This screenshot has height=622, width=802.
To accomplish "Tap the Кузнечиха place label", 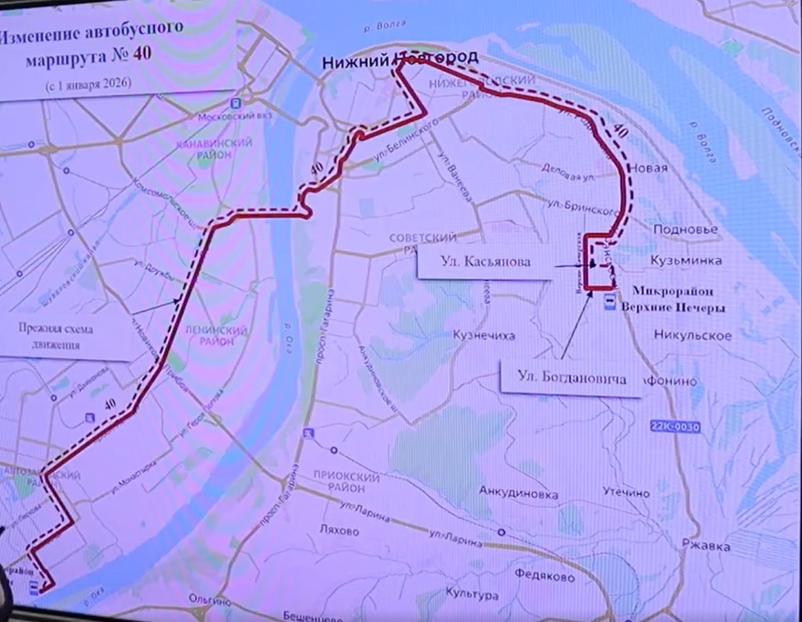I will (x=484, y=336).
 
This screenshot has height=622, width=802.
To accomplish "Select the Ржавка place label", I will (x=702, y=546).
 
